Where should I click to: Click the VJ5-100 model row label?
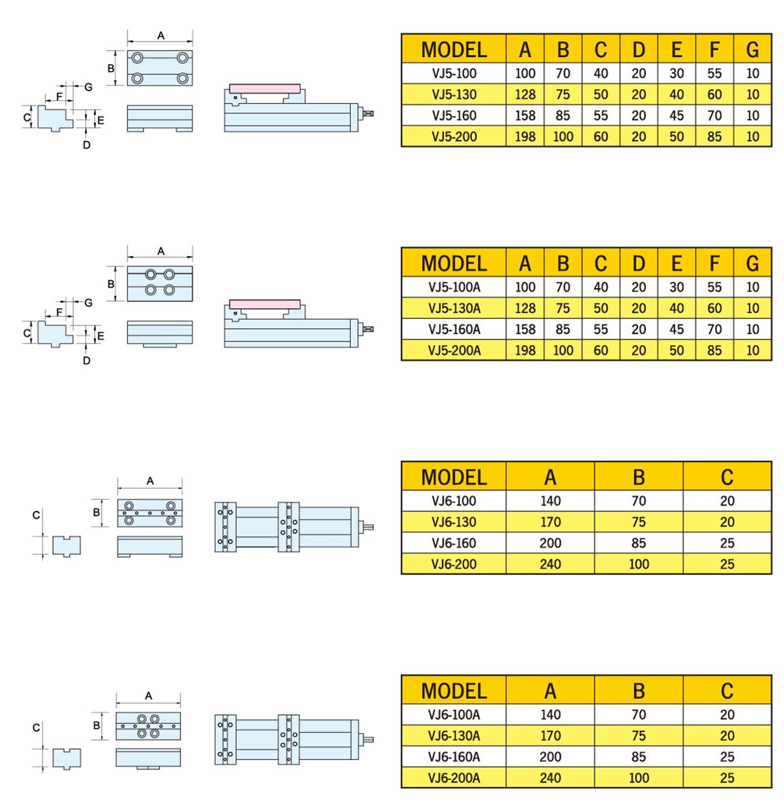[x=454, y=74]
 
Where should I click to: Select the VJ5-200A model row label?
[x=454, y=351]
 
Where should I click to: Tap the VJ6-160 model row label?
[x=454, y=543]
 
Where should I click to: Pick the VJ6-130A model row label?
[x=454, y=736]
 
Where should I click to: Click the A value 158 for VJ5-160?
[x=525, y=115]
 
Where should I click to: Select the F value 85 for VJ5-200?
[x=714, y=137]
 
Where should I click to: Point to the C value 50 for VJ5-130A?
[x=601, y=308]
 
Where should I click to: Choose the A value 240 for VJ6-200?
[x=550, y=564]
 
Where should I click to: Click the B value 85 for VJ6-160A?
[x=638, y=757]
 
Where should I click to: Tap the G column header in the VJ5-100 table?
[x=753, y=49]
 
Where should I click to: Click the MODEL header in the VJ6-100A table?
[x=454, y=691]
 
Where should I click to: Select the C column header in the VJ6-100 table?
[x=727, y=477]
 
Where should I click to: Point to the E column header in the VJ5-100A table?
[x=677, y=263]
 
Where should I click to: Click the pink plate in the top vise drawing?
[x=265, y=89]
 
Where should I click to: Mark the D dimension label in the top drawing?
[x=86, y=145]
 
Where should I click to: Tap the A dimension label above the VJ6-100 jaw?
[x=150, y=481]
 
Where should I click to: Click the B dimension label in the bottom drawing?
[x=97, y=726]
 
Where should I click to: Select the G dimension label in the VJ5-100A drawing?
[x=88, y=303]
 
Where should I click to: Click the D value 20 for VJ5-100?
[x=638, y=74]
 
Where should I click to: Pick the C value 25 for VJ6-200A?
[x=727, y=778]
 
